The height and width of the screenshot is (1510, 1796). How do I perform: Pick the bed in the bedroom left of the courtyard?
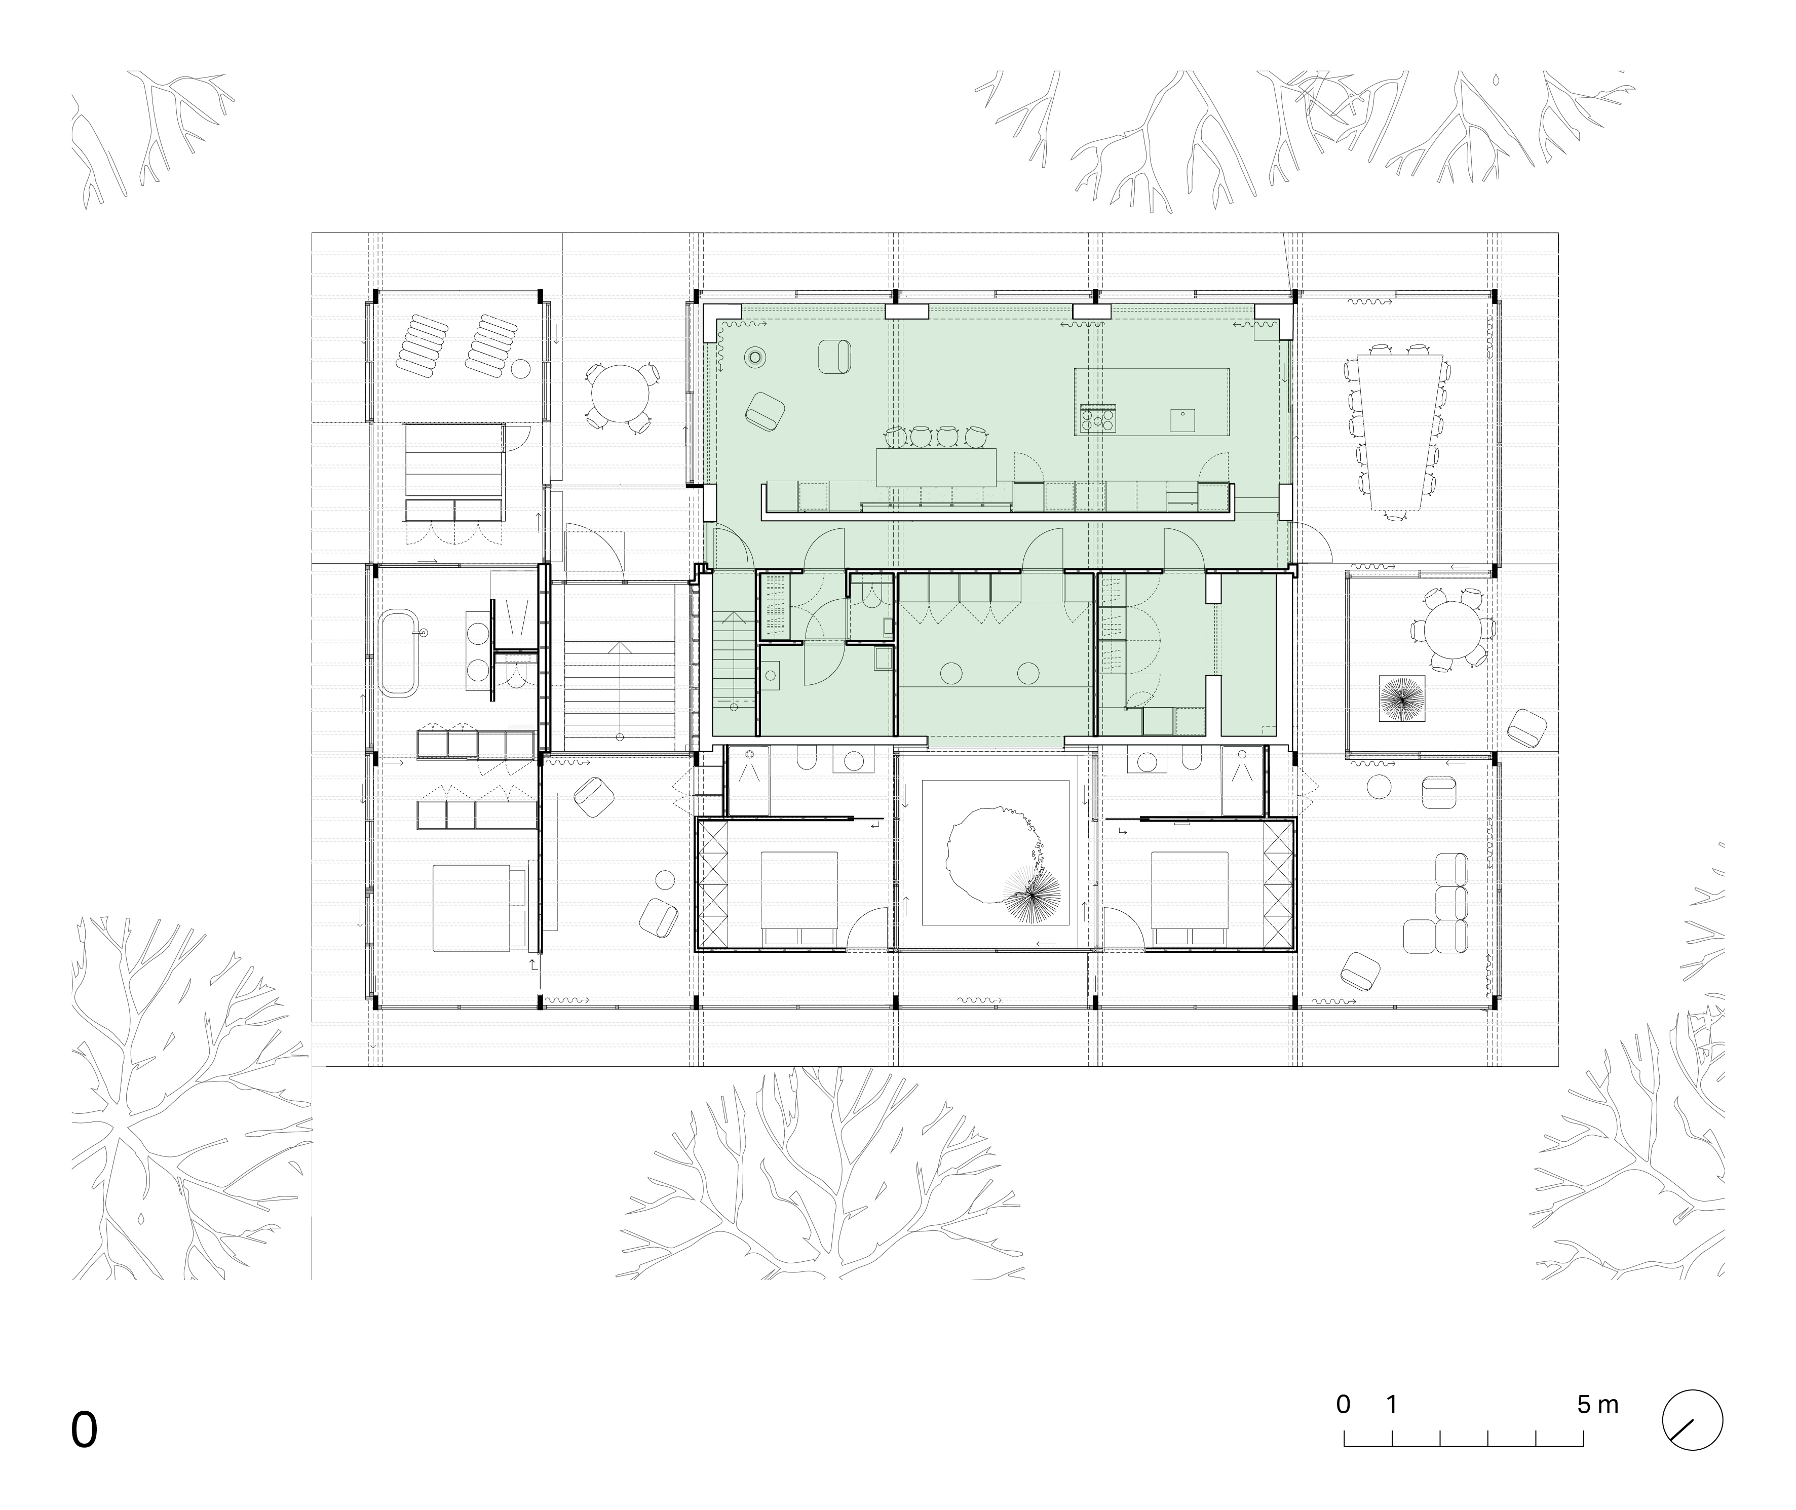798,898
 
